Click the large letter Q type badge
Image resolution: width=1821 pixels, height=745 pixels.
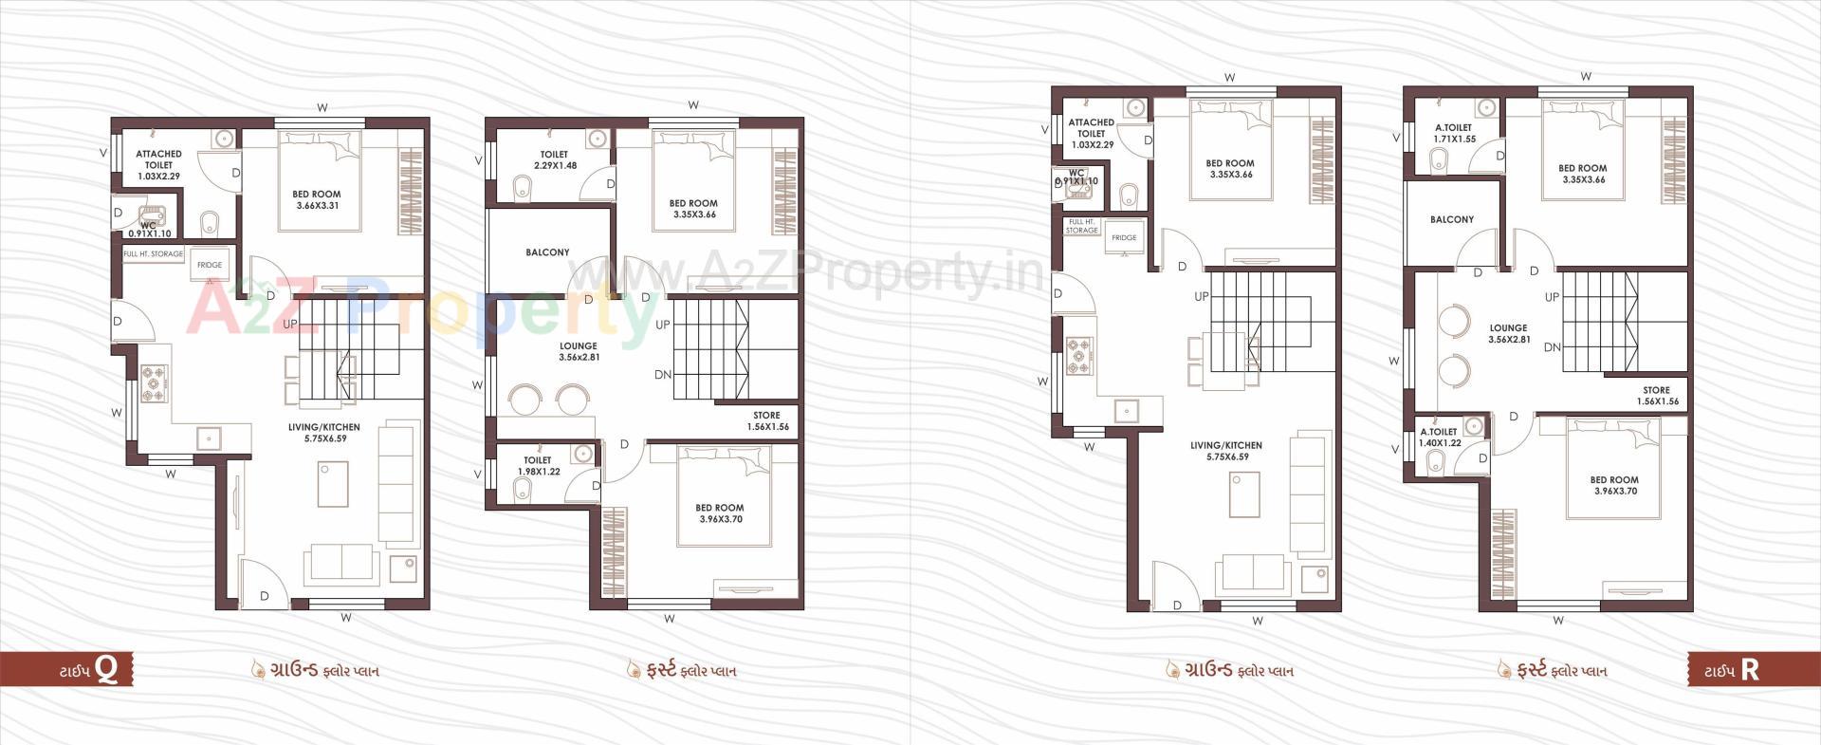click(x=107, y=670)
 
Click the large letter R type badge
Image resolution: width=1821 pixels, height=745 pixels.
click(x=1750, y=670)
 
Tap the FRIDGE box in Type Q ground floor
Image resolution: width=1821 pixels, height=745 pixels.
click(x=210, y=265)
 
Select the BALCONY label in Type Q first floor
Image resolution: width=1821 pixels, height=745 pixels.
click(x=547, y=252)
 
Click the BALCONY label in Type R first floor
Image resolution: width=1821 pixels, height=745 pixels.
click(x=1452, y=219)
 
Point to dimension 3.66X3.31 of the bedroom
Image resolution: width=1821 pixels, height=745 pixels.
click(x=317, y=206)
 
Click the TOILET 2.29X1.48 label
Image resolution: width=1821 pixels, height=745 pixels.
click(x=555, y=159)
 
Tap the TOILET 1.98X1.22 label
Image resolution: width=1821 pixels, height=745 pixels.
click(x=538, y=466)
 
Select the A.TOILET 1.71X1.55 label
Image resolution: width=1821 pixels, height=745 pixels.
click(x=1454, y=133)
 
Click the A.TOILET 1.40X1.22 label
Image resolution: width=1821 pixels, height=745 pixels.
click(x=1439, y=438)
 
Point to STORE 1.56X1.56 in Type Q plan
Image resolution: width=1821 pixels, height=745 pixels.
click(x=766, y=421)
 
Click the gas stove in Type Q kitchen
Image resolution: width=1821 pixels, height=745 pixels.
click(x=154, y=382)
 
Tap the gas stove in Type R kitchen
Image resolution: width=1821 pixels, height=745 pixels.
click(x=1079, y=356)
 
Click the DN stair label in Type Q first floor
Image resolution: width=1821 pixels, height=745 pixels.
click(x=663, y=375)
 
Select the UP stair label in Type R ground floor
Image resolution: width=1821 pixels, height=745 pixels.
click(x=1202, y=297)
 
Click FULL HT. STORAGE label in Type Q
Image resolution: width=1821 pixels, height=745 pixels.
click(x=154, y=254)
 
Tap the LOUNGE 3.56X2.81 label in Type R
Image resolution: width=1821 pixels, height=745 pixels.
click(x=1508, y=333)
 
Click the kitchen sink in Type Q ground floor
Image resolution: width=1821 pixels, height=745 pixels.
click(x=209, y=438)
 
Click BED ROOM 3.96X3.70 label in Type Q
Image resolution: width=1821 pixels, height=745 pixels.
click(x=719, y=513)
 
